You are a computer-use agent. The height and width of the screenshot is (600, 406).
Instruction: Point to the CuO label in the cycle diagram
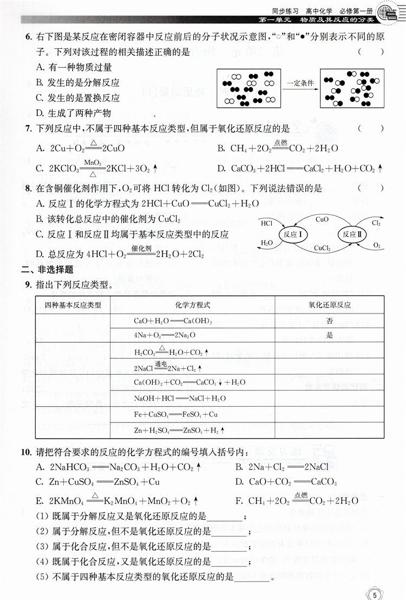(x=322, y=220)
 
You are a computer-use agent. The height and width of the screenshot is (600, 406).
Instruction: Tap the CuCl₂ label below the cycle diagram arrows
(x=322, y=248)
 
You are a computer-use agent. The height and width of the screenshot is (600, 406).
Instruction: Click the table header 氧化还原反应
(x=330, y=305)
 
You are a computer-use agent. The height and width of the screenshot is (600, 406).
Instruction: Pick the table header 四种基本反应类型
(x=73, y=305)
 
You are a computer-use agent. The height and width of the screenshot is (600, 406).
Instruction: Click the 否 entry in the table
(x=330, y=321)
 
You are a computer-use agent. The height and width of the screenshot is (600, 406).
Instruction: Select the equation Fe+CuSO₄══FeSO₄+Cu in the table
(x=168, y=414)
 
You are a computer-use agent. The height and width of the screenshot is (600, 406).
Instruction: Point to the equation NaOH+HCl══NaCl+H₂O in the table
(x=169, y=399)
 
